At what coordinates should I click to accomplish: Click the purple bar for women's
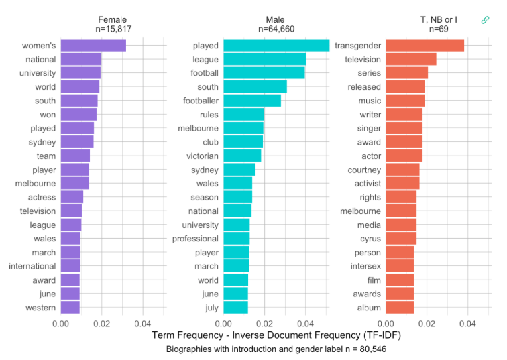click(x=93, y=46)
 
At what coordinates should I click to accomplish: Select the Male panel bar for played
click(x=276, y=46)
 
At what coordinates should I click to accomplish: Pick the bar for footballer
click(x=252, y=101)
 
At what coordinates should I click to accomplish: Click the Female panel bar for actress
click(x=72, y=197)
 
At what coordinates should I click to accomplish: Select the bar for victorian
click(x=242, y=156)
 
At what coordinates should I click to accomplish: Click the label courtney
click(x=364, y=170)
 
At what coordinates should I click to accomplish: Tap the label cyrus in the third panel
click(x=369, y=239)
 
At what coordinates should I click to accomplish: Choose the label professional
click(x=195, y=239)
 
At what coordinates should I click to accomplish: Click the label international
click(x=32, y=266)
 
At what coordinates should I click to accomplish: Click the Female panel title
click(x=112, y=19)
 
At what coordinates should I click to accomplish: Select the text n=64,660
click(x=276, y=29)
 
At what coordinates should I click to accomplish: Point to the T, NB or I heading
click(x=439, y=19)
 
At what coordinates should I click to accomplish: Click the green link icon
click(x=486, y=20)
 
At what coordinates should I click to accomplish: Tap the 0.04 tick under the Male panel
click(x=306, y=324)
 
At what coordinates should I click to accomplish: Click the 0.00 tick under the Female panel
click(x=61, y=324)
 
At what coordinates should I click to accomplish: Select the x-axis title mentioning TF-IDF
click(x=276, y=335)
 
